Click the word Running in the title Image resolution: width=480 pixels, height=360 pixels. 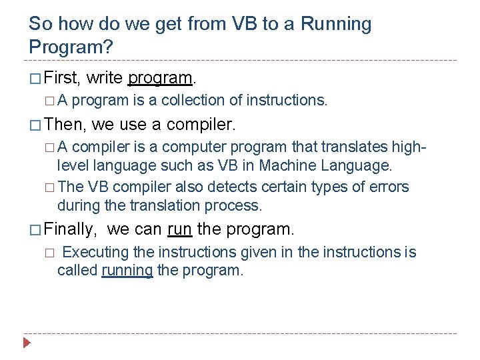[336, 25]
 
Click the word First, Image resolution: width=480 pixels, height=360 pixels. [63, 78]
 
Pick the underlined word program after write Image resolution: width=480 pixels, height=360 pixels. [160, 79]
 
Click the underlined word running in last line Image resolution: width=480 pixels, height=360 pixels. [127, 271]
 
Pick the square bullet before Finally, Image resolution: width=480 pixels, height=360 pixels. [35, 230]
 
